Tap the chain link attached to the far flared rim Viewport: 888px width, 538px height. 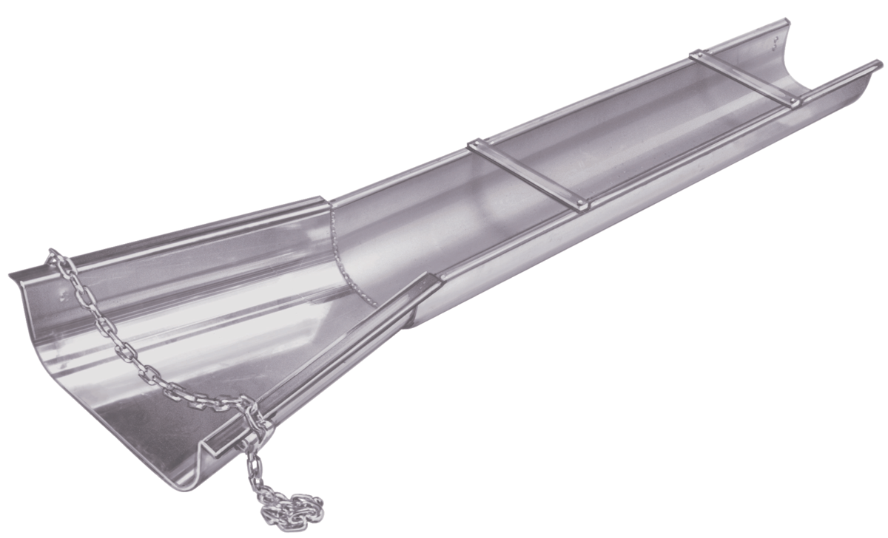(x=54, y=256)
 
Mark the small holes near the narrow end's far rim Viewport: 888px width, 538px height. (x=775, y=38)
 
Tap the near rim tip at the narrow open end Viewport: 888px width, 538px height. (x=878, y=64)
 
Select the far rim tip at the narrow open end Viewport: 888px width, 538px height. (x=787, y=22)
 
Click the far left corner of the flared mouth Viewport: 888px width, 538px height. (x=12, y=276)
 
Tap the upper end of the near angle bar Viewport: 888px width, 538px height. (x=428, y=279)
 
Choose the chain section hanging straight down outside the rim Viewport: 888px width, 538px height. (x=255, y=466)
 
